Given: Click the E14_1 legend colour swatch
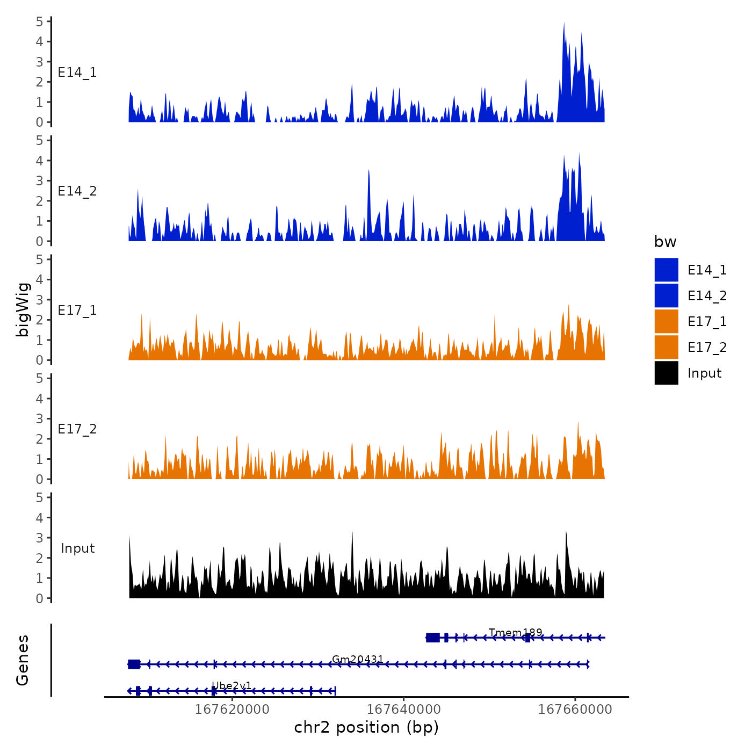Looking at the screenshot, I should (x=666, y=270).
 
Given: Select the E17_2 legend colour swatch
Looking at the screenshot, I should (x=666, y=347).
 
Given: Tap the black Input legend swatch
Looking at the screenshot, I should (x=666, y=373).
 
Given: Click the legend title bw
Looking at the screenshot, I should (x=665, y=242).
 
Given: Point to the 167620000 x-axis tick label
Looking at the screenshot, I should (x=232, y=709).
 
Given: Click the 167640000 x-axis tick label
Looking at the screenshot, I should (x=403, y=709).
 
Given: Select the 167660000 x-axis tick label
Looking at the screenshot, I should (x=575, y=709).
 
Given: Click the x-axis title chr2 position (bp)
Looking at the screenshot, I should (x=366, y=727).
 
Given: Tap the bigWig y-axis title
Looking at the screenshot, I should (x=23, y=309).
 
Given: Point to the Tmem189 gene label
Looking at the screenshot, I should (x=515, y=632).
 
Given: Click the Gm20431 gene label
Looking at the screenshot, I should (x=358, y=659).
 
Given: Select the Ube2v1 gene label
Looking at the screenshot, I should (x=231, y=685).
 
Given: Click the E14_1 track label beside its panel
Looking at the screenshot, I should (x=77, y=73).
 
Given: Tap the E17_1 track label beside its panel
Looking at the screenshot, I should (x=77, y=310).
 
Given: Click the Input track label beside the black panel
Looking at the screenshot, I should (x=77, y=548).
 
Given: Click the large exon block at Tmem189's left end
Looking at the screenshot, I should (x=432, y=638).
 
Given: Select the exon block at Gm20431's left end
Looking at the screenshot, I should (x=134, y=664).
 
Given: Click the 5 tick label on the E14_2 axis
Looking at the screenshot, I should (x=40, y=141).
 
